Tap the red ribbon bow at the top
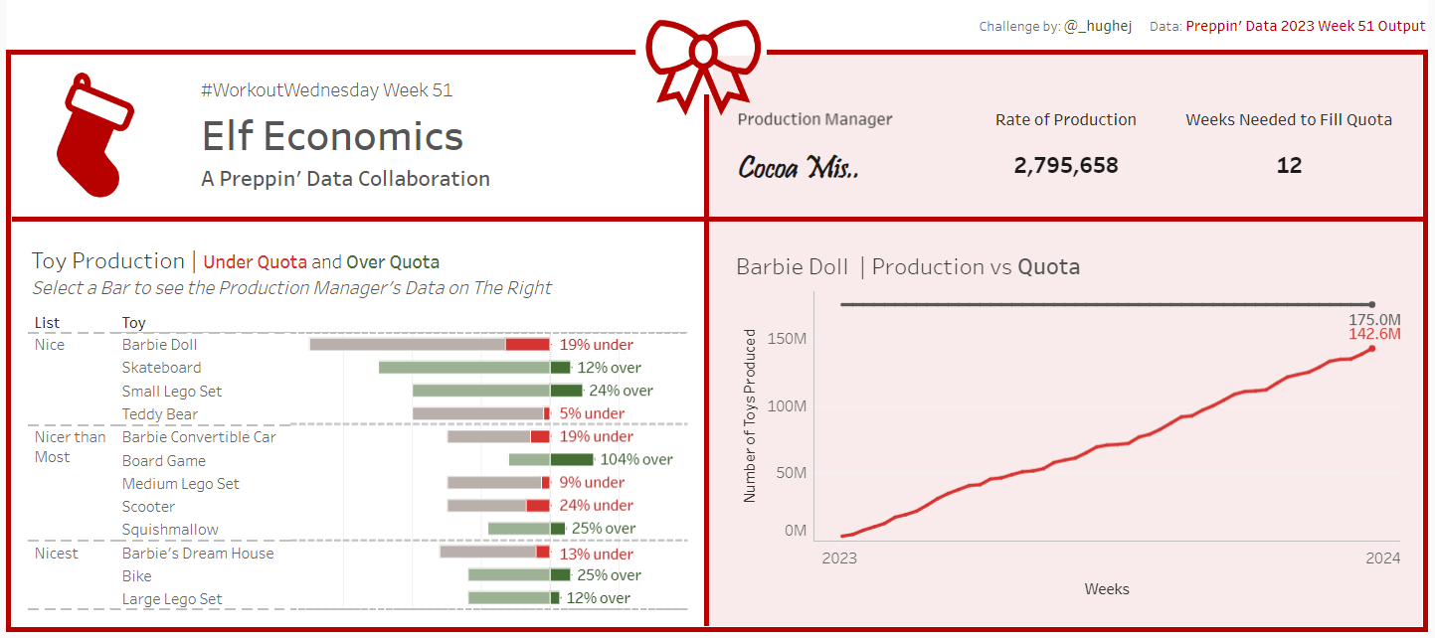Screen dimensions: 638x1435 (x=703, y=60)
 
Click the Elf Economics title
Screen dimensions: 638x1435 (x=332, y=136)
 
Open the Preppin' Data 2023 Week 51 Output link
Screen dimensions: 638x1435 (x=1305, y=26)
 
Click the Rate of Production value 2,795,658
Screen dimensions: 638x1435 (x=1066, y=166)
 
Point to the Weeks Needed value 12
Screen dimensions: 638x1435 (x=1289, y=166)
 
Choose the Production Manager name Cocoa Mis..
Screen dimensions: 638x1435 (x=799, y=167)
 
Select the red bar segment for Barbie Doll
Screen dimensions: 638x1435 (x=527, y=345)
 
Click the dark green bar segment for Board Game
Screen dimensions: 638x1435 (x=572, y=460)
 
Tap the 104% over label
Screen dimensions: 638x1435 (x=636, y=460)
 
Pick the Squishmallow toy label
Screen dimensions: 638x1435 (x=170, y=530)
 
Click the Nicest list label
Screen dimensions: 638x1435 (x=56, y=554)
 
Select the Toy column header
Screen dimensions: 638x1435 (x=133, y=323)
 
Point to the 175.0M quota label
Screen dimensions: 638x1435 (x=1374, y=320)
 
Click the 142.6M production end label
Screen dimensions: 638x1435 (x=1374, y=334)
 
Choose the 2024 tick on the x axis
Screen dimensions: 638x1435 (x=1382, y=558)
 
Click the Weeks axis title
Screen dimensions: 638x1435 (x=1107, y=589)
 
